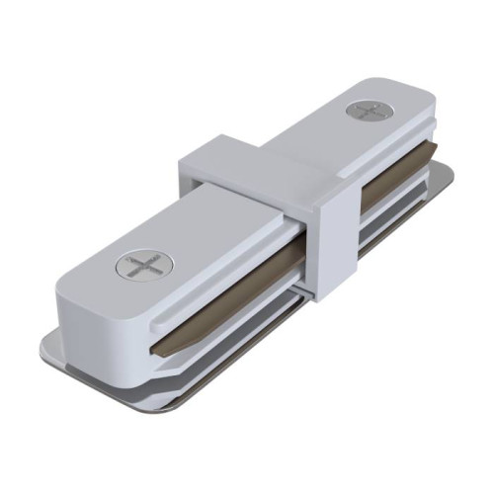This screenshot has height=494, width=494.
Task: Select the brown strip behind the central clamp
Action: tap(380, 193)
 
